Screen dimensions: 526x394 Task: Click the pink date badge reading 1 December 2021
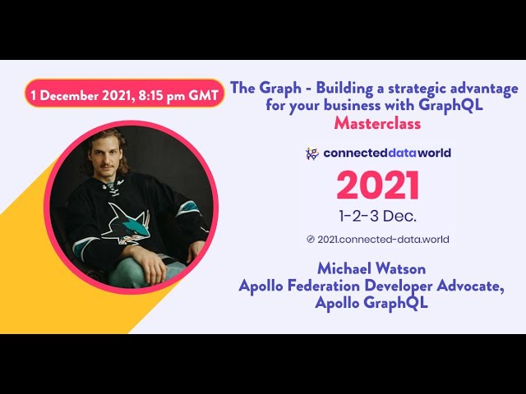124,94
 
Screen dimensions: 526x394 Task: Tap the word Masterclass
377,123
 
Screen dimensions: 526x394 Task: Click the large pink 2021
378,186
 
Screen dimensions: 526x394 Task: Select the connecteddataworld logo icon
312,153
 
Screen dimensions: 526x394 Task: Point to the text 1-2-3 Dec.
378,216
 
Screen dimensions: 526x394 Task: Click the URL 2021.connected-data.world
383,240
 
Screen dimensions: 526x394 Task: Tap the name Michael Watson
371,268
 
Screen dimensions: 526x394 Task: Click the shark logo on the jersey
127,222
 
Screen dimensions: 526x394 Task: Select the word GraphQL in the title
450,105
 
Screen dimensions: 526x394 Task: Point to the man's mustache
106,165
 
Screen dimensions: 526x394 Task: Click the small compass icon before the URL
311,239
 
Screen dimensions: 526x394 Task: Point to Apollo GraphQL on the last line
371,303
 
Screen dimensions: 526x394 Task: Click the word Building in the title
344,89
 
